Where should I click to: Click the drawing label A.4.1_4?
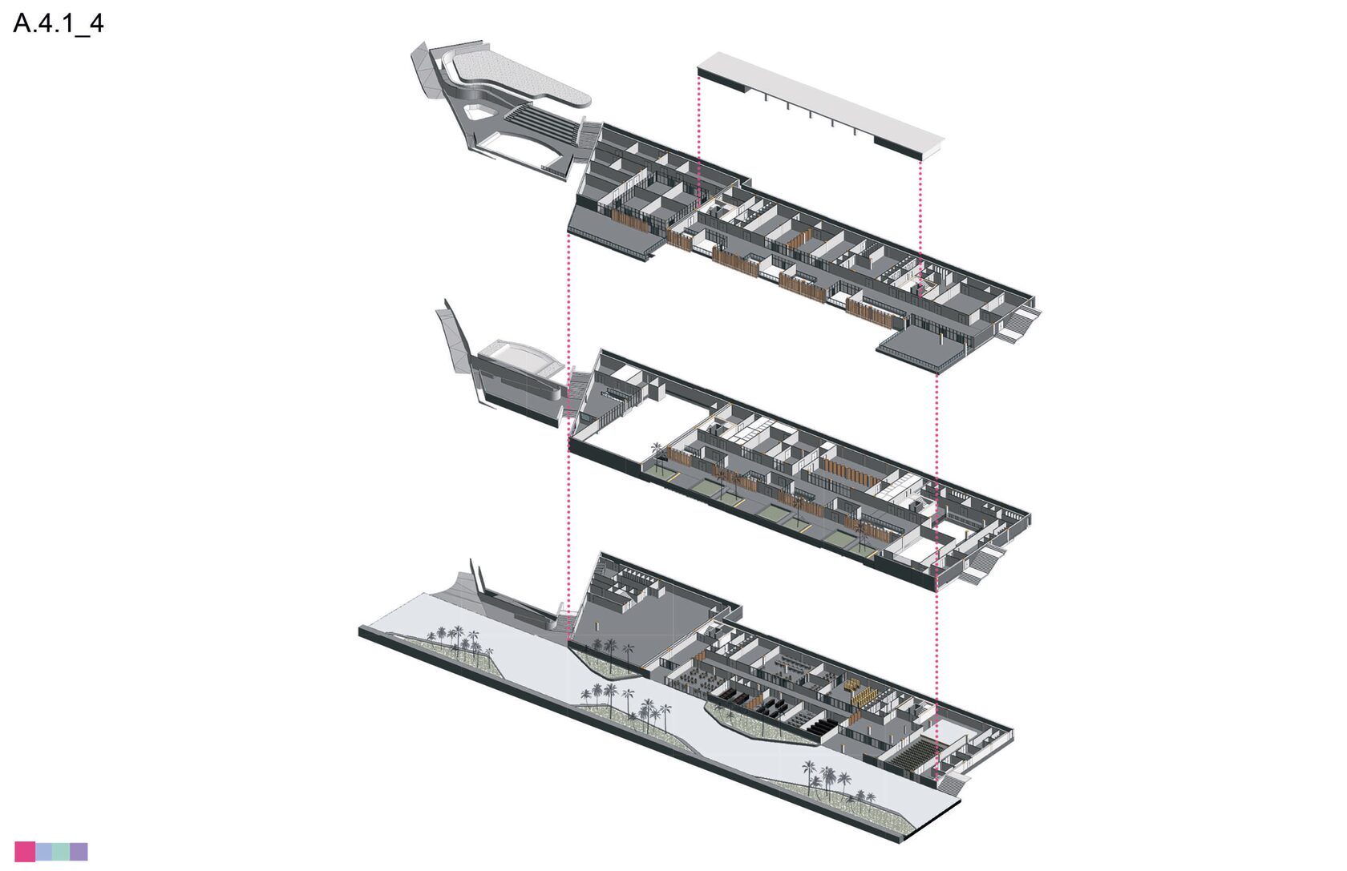point(59,23)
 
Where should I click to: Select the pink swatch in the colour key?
point(25,851)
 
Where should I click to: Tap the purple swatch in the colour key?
point(79,851)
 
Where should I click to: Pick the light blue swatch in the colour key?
point(43,851)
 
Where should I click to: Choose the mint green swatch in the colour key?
point(61,851)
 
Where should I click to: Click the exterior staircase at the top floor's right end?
point(1021,325)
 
